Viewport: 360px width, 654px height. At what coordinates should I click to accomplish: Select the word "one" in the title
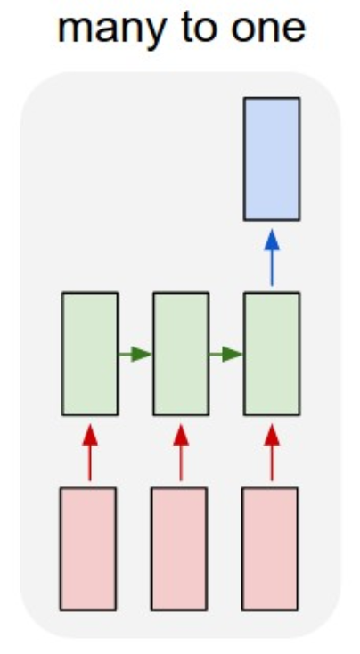(x=268, y=30)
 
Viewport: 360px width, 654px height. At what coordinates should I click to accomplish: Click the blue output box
(x=272, y=159)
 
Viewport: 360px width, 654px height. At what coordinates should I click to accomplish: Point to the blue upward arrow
(x=272, y=258)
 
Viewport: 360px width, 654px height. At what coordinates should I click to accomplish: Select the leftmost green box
(x=90, y=354)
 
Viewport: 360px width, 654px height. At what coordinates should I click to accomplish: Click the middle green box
(x=181, y=354)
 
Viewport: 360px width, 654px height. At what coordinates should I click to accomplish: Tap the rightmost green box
(x=272, y=354)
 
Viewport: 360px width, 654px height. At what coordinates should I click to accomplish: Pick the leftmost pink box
(x=88, y=549)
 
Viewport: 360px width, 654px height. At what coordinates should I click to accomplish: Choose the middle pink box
(x=179, y=549)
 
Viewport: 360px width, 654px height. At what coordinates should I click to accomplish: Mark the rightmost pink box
(x=270, y=549)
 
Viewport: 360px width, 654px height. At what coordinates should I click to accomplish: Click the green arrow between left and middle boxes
(x=135, y=355)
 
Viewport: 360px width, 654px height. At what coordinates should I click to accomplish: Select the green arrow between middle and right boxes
(x=226, y=355)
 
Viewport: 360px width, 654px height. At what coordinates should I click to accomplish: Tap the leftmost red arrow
(x=90, y=453)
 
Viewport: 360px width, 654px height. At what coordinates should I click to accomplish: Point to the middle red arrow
(x=181, y=453)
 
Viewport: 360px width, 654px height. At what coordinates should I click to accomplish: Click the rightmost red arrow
(x=272, y=453)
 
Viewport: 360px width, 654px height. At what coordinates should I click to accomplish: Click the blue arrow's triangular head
(x=272, y=241)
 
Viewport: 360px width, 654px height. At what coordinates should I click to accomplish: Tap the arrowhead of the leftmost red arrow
(x=90, y=435)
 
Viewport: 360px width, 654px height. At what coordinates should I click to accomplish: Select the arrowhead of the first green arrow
(x=142, y=355)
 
